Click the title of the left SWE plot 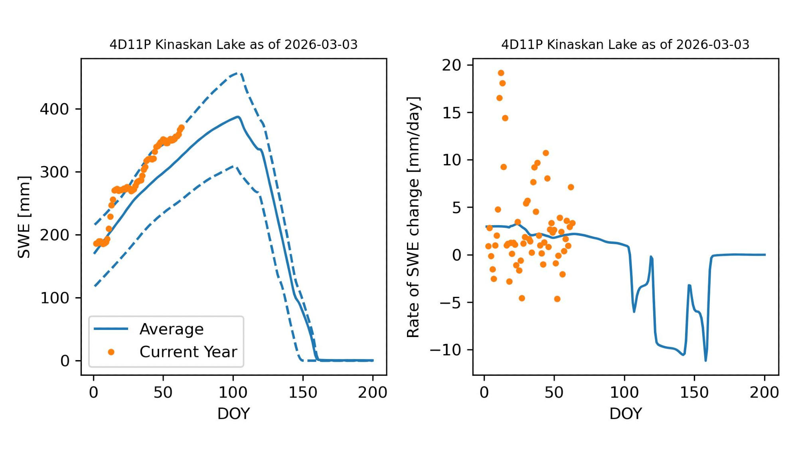[233, 44]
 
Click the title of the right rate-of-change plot [625, 44]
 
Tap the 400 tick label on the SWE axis [55, 109]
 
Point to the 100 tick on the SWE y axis [55, 298]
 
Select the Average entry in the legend [171, 329]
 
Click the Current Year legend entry [188, 352]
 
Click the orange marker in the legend [111, 352]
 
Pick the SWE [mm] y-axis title [24, 217]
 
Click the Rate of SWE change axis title [413, 217]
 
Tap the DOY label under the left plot [233, 414]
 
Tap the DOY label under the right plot [625, 414]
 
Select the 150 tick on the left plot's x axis [303, 392]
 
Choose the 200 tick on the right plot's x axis [764, 392]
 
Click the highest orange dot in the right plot [501, 73]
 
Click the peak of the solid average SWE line [238, 117]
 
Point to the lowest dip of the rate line [706, 361]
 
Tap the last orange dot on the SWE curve [182, 127]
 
